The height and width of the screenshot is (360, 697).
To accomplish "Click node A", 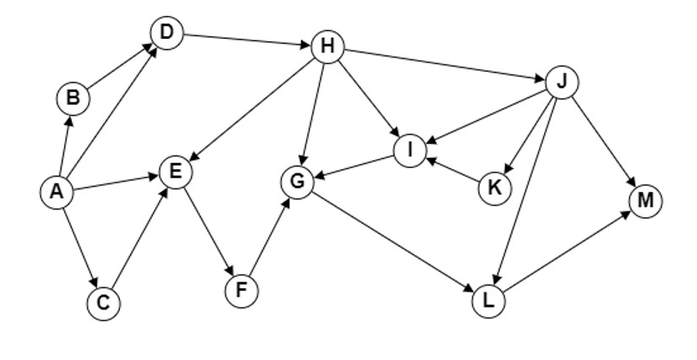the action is click(x=57, y=192).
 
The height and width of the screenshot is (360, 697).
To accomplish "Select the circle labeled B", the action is click(x=74, y=98).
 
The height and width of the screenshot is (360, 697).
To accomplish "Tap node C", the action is click(x=104, y=303).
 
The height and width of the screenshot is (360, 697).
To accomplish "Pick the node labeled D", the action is click(x=166, y=33).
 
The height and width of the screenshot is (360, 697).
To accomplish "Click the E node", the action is click(x=176, y=172).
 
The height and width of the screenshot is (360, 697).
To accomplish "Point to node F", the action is click(x=242, y=291).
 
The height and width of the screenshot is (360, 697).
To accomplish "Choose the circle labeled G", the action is click(x=297, y=183).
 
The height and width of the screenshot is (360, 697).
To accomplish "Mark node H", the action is click(x=328, y=46).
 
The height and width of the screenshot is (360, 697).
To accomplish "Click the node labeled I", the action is click(x=411, y=150).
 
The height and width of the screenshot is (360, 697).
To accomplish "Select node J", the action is click(x=563, y=82).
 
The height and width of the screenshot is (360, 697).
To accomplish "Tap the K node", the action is click(x=495, y=188).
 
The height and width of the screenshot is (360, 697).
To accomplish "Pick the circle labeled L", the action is click(x=488, y=302).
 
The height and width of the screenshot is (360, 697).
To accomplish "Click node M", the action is click(x=645, y=201).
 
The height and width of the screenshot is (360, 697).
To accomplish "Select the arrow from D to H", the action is click(x=247, y=40).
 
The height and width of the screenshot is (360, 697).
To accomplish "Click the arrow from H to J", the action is click(x=444, y=65).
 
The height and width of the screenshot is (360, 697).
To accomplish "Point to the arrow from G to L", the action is click(x=393, y=242).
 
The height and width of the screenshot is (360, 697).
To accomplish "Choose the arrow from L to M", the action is click(x=567, y=252).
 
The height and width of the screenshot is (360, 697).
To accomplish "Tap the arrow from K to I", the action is click(x=453, y=169).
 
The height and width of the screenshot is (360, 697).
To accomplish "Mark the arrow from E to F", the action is click(x=209, y=232).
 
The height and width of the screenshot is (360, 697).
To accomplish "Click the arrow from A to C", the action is click(x=80, y=248).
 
